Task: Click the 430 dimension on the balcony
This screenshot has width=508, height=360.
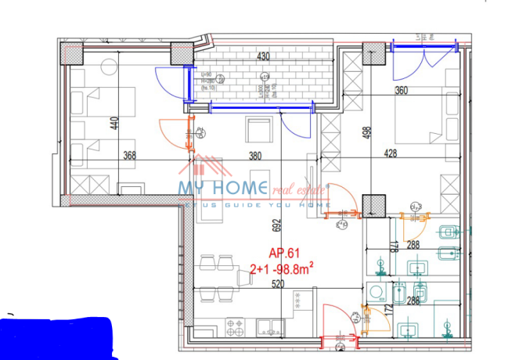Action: [263, 56]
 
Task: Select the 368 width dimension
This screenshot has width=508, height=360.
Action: [130, 155]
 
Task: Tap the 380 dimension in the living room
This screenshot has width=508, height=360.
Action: [255, 155]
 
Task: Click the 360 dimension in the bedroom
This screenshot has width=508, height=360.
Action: [401, 91]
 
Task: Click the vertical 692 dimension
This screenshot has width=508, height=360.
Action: [276, 227]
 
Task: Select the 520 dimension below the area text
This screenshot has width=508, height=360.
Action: [255, 285]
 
